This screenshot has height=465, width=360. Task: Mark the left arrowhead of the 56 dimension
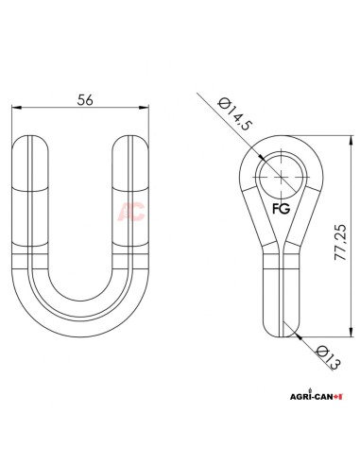(x=15, y=110)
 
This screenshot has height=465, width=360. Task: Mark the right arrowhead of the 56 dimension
(x=150, y=110)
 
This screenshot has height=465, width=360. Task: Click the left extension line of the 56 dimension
(x=11, y=128)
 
